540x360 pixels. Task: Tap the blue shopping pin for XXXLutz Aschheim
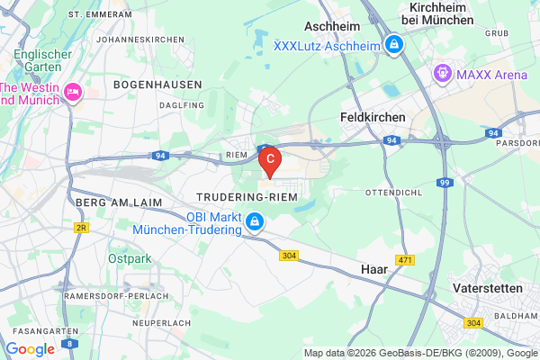[x=393, y=43]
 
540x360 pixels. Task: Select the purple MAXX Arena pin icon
[x=442, y=73]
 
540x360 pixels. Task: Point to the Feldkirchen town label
[x=373, y=117]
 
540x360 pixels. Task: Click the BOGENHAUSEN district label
[x=151, y=84]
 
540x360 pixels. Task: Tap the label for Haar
[x=373, y=269]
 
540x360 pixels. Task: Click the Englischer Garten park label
[x=37, y=60]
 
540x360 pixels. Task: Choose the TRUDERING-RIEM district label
[x=247, y=196]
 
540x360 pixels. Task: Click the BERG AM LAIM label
[x=120, y=202]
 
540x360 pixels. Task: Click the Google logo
[x=30, y=349]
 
